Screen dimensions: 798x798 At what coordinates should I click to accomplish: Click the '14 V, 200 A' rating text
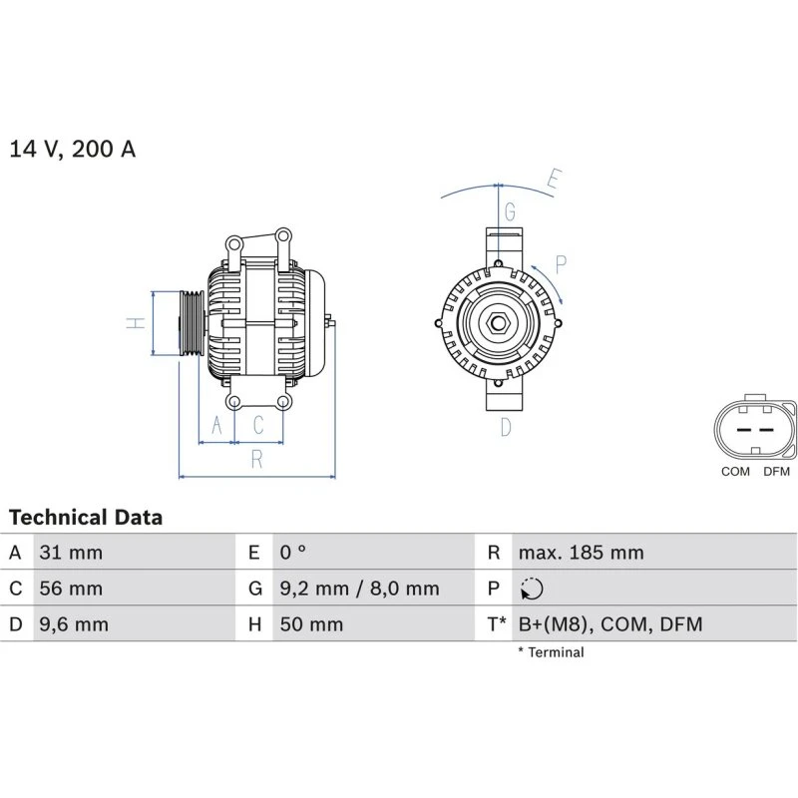(72, 150)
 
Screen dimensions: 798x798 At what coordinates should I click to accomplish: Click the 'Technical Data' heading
(86, 518)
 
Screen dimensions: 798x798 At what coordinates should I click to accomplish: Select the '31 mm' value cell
(70, 553)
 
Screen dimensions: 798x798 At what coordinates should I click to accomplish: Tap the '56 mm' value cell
(70, 589)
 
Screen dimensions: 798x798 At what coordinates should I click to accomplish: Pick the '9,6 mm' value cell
(74, 625)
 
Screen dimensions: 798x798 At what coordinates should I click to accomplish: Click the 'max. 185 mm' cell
(581, 553)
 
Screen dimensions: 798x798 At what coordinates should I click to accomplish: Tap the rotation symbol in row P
(532, 590)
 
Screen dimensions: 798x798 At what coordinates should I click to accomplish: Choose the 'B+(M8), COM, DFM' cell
(609, 625)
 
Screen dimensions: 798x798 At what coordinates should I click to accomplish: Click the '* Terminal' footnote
(551, 652)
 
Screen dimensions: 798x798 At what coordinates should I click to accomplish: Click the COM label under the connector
(735, 472)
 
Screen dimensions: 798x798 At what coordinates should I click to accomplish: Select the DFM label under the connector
(776, 472)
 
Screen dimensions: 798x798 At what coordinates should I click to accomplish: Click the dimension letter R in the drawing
(256, 459)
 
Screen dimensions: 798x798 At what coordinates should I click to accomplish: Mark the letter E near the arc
(554, 181)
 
